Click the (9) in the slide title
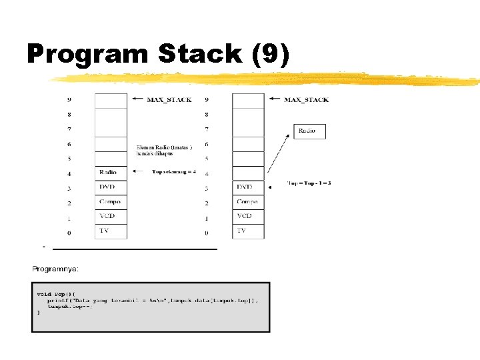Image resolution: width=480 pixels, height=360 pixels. [271, 54]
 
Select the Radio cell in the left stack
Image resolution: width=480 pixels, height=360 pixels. [110, 173]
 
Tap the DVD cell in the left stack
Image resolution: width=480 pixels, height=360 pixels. [110, 187]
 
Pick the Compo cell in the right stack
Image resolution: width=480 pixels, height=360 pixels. [248, 201]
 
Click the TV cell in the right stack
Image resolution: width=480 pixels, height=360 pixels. [248, 231]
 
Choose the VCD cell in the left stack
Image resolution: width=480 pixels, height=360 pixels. [110, 216]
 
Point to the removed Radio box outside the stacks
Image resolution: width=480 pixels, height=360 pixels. [309, 131]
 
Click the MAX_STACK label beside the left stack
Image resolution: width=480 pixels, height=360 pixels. [169, 100]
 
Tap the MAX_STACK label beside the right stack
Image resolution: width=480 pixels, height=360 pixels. [306, 100]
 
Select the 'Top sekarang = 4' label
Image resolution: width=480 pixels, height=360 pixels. [174, 172]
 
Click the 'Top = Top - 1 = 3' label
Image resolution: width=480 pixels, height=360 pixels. [309, 183]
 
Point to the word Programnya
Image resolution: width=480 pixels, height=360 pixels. [56, 269]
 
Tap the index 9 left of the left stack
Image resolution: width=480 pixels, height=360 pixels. [69, 100]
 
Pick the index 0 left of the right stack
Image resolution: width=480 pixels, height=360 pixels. [207, 233]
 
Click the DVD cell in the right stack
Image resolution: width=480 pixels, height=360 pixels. [248, 187]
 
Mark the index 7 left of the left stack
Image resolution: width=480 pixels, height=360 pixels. [69, 129]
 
